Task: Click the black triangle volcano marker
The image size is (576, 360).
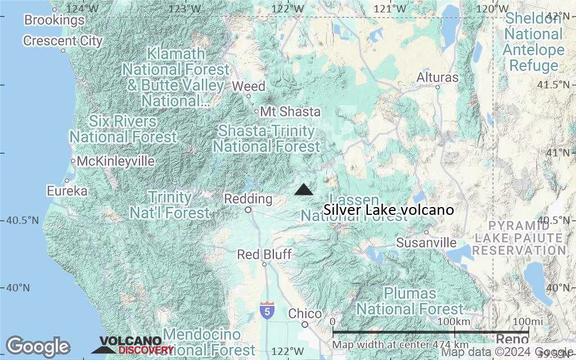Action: point(304,190)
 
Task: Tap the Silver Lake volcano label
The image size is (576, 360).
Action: point(389,210)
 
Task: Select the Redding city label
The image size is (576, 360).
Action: point(248,199)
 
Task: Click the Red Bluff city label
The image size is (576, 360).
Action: point(264,255)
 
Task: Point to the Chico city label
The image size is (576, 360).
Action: point(305,314)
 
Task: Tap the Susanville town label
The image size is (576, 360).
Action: point(426,242)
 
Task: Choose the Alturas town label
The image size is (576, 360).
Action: point(438,78)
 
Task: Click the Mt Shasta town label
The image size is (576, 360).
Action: point(290,111)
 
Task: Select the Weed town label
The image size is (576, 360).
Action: point(249,87)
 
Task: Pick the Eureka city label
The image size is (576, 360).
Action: point(67,191)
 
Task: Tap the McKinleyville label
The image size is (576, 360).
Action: point(115,161)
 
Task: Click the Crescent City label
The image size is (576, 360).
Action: point(63,41)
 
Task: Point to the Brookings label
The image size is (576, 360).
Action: point(54,20)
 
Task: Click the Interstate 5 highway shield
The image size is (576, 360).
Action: point(268,309)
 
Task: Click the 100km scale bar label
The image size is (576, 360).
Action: point(454,321)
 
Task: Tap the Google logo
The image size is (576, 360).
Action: point(38,346)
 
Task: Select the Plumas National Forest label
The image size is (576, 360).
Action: point(410,301)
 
